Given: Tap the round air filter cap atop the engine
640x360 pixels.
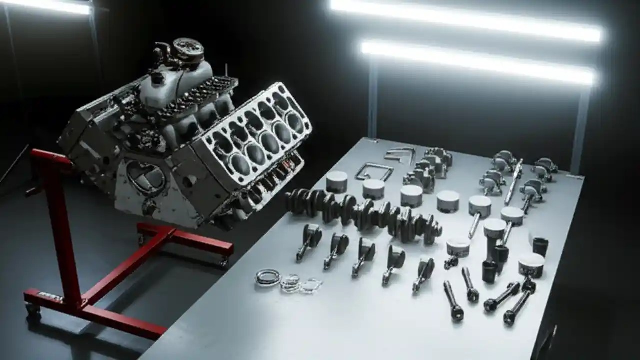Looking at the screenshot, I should [188, 48].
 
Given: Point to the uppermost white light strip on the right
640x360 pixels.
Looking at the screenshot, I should [465, 20].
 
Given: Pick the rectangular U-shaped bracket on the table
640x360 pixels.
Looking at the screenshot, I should [374, 171].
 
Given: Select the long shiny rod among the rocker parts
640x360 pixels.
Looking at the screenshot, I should [514, 181].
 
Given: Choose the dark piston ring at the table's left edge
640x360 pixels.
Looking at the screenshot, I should [268, 277].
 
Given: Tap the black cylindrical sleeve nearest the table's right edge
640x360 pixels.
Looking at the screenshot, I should [540, 246].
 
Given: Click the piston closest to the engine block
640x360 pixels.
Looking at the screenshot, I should [336, 181].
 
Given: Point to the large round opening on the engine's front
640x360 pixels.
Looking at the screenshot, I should [146, 177].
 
